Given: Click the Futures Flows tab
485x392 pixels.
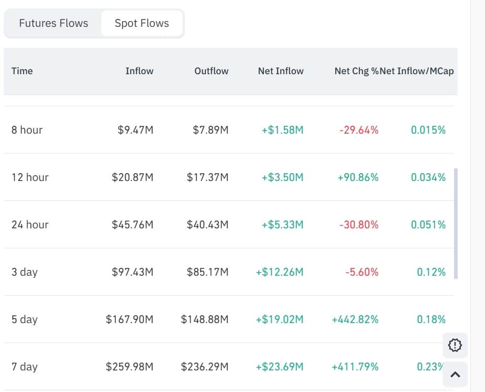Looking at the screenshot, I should [54, 23].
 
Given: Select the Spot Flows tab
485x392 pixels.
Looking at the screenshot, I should [142, 23].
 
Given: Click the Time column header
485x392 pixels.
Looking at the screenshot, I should [22, 71].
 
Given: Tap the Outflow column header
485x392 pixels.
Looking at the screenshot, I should [211, 71].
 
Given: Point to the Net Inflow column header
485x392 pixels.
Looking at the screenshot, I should [281, 71].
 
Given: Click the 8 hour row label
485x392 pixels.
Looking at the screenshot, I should [27, 130].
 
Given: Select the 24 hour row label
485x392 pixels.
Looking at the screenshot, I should [30, 225].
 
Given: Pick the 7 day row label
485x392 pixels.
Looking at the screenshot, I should [24, 367].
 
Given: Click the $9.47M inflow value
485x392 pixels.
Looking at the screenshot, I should [136, 130].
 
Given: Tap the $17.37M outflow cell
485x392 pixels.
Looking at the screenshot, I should [208, 177].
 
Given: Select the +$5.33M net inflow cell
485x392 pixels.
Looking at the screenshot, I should [282, 225].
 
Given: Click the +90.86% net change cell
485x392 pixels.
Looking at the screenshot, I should [358, 177].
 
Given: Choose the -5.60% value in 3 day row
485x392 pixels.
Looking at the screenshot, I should [362, 272].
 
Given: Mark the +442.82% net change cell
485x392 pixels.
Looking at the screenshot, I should [355, 319].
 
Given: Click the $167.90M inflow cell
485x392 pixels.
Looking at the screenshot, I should [130, 319].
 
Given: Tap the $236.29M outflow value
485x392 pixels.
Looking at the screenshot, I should [205, 367].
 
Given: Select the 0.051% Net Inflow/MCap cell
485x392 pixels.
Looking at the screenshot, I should [428, 225].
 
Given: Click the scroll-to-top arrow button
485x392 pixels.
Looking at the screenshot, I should [456, 375].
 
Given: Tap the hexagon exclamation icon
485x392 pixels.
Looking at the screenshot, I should [455, 345].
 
